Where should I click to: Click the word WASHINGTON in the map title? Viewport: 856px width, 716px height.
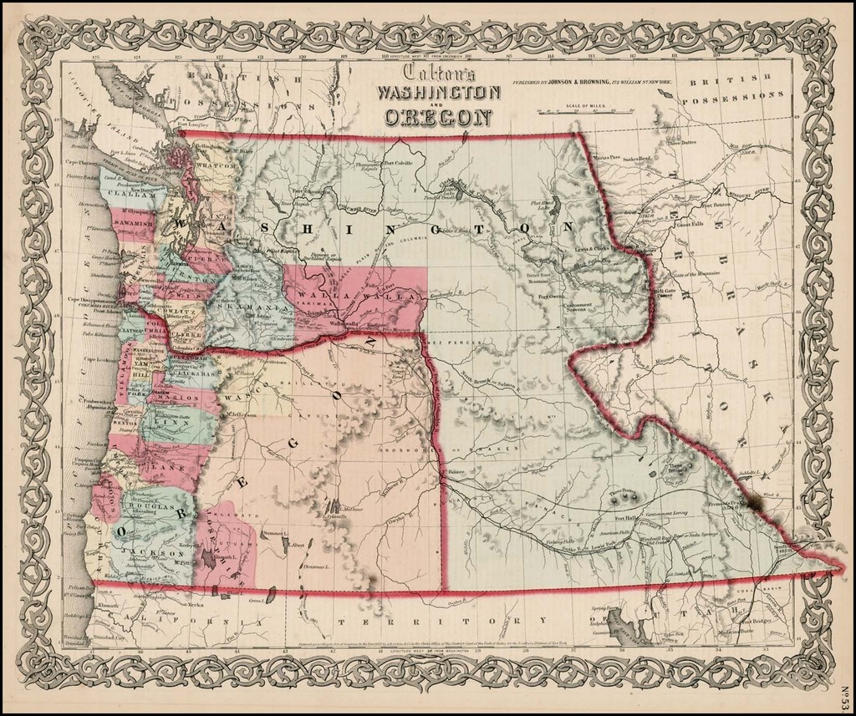tap(439, 92)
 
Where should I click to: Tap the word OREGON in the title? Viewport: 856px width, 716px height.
tap(437, 116)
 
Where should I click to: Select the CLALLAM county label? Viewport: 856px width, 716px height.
tap(125, 190)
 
